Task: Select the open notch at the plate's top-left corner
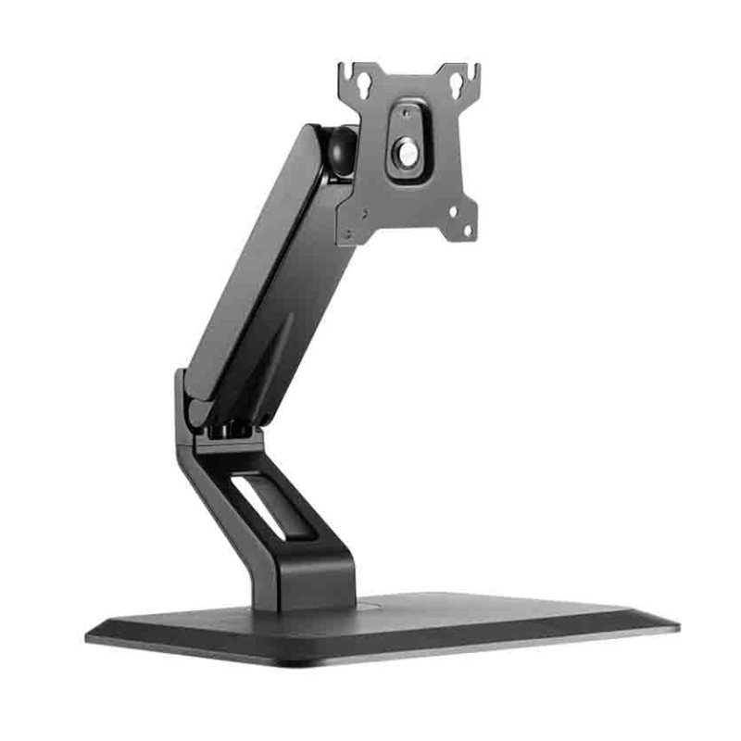click(345, 69)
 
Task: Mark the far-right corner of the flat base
click(676, 626)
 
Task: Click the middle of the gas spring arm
click(264, 278)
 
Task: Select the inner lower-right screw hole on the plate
click(453, 214)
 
